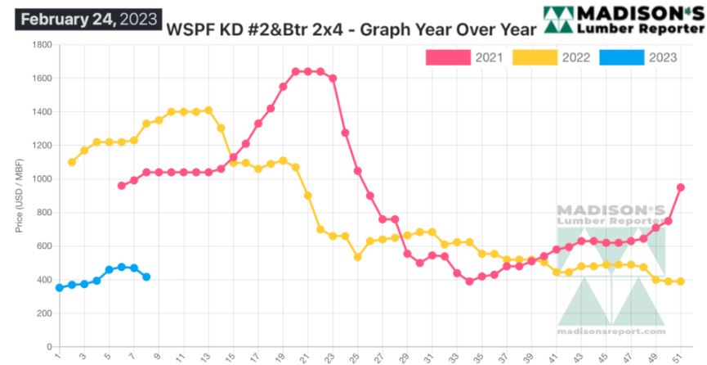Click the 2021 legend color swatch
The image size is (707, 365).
(448, 57)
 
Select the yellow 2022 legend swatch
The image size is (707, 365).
(535, 57)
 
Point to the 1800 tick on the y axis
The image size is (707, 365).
(41, 45)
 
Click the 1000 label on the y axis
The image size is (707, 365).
(41, 179)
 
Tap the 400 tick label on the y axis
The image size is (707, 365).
(43, 280)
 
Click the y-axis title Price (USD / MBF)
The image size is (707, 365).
(18, 196)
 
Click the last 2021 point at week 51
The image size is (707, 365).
(680, 187)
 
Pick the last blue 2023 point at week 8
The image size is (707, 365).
(146, 277)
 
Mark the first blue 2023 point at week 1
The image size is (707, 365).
(60, 288)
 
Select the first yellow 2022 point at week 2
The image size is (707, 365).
(72, 162)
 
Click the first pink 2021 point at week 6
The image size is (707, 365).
(122, 186)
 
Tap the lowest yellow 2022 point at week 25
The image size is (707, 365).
(357, 257)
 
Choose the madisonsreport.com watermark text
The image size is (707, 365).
(611, 331)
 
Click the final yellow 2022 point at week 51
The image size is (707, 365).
(680, 282)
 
